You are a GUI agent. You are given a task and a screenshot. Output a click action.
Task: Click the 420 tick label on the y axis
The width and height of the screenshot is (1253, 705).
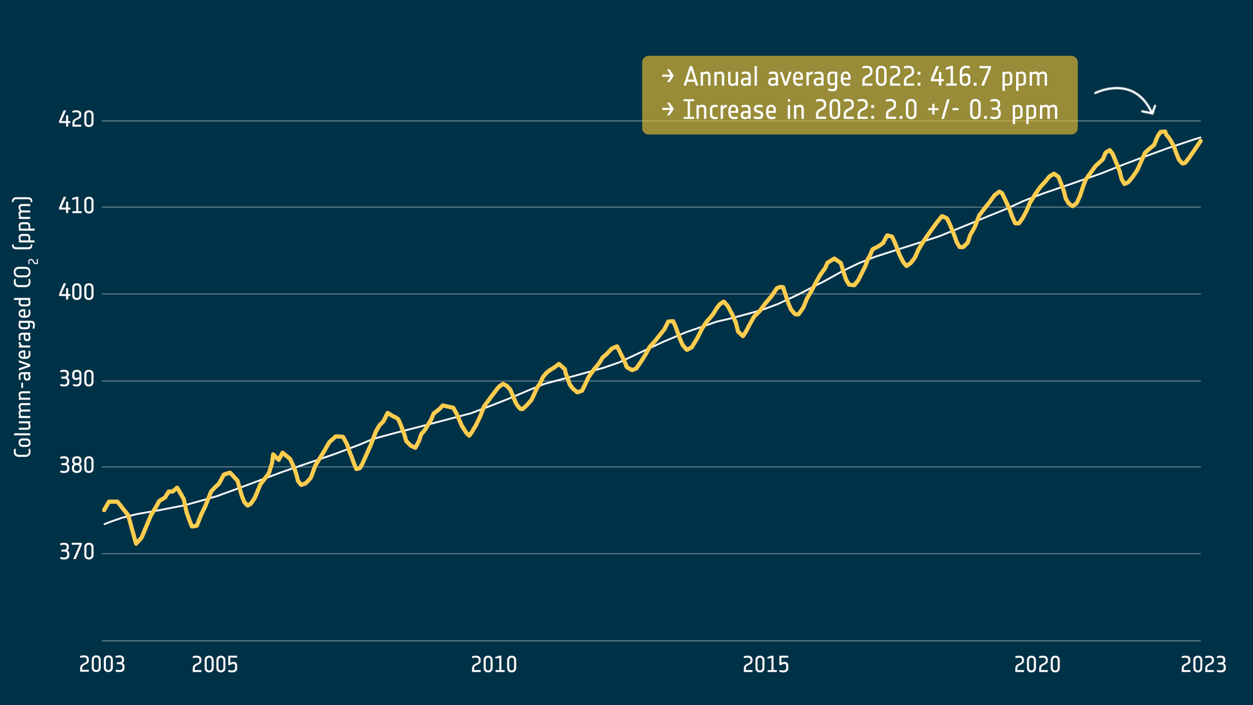point(76,119)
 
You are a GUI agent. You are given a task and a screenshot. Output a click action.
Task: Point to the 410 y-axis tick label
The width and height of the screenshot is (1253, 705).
point(76,206)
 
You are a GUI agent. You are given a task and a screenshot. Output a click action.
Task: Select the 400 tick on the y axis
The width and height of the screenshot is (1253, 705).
point(76,293)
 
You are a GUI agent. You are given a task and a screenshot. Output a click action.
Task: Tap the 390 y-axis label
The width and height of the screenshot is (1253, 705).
point(76,379)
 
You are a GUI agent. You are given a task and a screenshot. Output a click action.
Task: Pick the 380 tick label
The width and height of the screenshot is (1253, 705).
point(76,466)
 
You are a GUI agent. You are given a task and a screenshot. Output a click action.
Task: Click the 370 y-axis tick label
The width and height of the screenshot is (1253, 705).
point(76,552)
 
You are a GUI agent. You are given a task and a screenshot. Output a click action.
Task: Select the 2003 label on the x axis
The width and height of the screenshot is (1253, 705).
point(102,665)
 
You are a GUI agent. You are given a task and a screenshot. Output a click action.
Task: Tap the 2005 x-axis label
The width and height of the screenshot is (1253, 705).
point(215,665)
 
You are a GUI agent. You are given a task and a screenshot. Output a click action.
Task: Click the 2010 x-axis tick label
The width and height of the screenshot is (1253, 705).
point(494,665)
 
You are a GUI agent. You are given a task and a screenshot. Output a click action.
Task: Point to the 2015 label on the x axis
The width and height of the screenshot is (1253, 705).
point(766,665)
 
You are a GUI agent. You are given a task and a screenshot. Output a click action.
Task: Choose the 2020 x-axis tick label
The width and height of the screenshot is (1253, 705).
point(1037,665)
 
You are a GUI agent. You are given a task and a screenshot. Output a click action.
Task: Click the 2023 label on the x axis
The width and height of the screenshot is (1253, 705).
point(1203,665)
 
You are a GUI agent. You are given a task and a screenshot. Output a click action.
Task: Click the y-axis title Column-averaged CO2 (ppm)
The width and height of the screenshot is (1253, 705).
point(24,326)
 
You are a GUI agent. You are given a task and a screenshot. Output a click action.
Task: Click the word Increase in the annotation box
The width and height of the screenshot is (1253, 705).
point(729,110)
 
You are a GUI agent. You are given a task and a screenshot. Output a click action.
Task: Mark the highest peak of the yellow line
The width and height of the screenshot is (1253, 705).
point(1163,132)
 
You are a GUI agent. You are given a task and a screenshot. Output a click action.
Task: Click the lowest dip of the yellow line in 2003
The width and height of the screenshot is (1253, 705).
point(136,543)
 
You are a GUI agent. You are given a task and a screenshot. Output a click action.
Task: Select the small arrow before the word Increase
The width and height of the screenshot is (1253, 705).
point(668,109)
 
